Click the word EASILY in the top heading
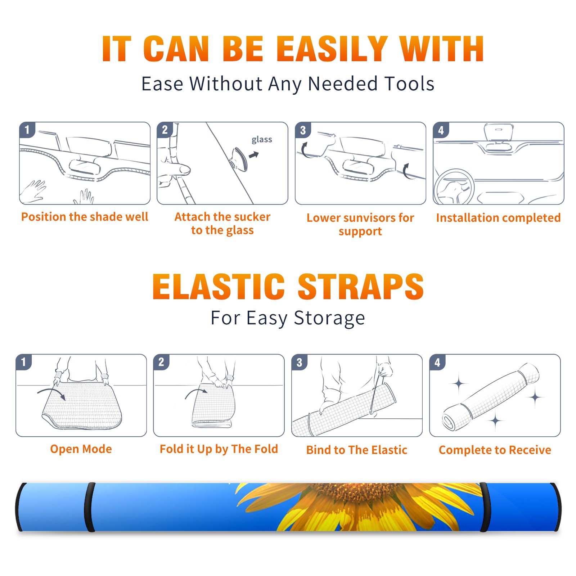332,49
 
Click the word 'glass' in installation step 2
262,140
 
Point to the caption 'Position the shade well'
85,217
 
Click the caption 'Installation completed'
498,218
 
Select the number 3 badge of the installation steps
303,130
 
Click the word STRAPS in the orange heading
361,287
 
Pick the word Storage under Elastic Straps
329,318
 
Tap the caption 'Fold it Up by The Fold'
219,449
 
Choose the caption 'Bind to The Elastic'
357,450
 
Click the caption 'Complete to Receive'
495,450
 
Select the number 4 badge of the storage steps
437,362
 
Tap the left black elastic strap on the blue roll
90,507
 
